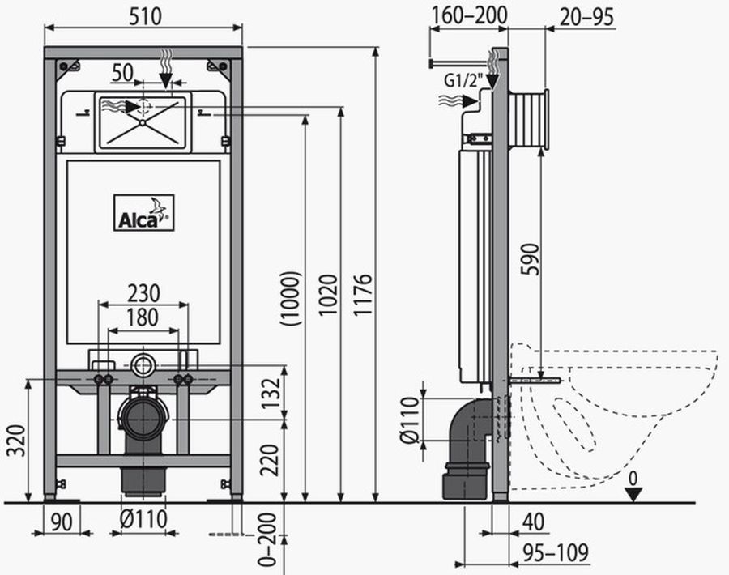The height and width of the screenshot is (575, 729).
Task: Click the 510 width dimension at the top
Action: tap(145, 16)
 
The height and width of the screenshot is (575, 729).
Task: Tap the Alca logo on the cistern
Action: tap(143, 212)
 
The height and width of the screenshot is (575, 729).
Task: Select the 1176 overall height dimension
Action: tap(363, 295)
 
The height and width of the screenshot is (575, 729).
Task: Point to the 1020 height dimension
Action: tap(328, 295)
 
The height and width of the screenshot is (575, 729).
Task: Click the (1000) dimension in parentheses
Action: tap(291, 298)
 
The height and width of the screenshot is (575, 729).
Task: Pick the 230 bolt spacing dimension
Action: tap(143, 293)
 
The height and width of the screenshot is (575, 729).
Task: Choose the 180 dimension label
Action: tap(143, 318)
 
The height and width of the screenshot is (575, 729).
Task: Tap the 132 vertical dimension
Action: tap(270, 394)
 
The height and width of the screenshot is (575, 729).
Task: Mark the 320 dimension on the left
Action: tap(16, 440)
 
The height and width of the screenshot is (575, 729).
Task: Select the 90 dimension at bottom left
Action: tap(62, 522)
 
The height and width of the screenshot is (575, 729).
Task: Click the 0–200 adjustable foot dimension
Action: tap(267, 539)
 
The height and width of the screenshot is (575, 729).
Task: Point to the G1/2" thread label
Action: tap(463, 80)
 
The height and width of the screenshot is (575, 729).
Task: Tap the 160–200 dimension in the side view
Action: tap(470, 15)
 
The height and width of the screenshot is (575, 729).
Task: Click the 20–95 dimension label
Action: tap(586, 17)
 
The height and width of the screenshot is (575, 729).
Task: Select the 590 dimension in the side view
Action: tap(531, 259)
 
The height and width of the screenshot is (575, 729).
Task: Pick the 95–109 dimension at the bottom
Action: tap(556, 552)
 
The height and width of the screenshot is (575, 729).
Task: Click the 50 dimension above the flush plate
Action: tap(123, 73)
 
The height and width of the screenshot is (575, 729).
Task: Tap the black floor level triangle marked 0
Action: tap(633, 494)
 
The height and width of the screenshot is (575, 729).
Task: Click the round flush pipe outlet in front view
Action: tap(143, 365)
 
